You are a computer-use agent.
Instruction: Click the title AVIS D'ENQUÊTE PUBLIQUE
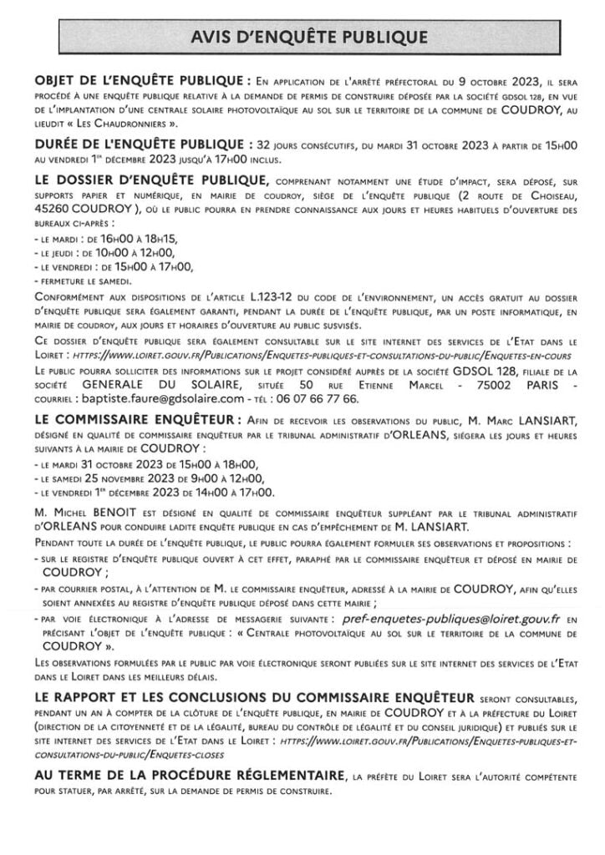point(302,36)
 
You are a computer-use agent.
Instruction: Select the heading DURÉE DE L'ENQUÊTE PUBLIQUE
point(142,144)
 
